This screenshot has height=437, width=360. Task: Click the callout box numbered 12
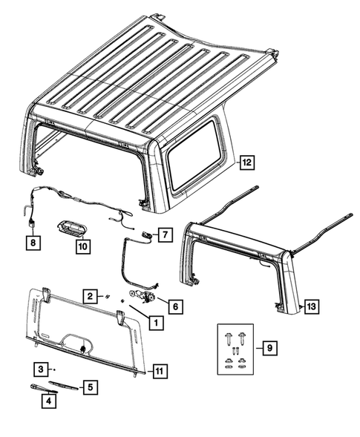[x=246, y=161]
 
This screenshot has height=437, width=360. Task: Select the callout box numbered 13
[x=310, y=306]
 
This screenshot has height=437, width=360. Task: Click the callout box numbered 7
[x=164, y=234]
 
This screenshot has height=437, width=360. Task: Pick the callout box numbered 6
[x=174, y=304]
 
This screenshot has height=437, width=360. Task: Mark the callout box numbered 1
[x=156, y=322]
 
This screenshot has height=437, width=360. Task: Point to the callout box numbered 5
[x=89, y=387]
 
